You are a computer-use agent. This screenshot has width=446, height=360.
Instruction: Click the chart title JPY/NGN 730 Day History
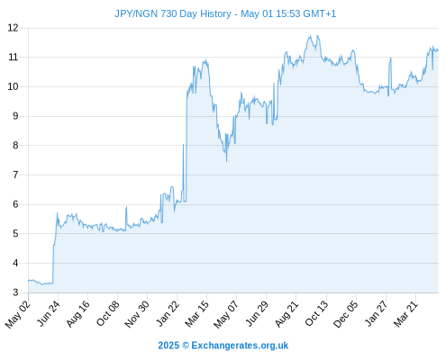click(x=173, y=14)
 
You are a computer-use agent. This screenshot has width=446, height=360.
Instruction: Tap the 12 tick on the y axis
click(x=13, y=28)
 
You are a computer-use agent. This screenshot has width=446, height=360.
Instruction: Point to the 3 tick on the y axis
click(x=15, y=292)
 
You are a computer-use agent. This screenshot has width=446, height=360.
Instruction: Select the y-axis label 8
click(x=15, y=146)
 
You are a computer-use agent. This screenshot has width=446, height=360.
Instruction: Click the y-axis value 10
click(x=13, y=86)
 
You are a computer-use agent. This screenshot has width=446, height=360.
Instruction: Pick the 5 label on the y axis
click(x=15, y=234)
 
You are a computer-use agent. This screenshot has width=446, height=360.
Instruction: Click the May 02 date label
click(x=17, y=314)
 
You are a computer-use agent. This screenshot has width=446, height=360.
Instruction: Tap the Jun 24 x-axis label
click(x=48, y=313)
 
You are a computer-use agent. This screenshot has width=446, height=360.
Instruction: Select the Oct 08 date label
click(x=107, y=313)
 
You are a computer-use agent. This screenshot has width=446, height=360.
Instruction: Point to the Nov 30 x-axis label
click(x=137, y=314)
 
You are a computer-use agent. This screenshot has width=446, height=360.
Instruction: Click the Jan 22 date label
click(x=168, y=313)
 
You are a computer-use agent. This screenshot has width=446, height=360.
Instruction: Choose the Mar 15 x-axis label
click(x=196, y=314)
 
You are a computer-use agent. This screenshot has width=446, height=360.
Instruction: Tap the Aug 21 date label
click(x=287, y=314)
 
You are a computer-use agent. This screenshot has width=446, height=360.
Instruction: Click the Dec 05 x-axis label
click(x=346, y=314)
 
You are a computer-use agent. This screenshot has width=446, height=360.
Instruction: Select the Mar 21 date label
click(x=405, y=314)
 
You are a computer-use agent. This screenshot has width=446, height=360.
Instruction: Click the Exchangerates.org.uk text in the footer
click(x=240, y=346)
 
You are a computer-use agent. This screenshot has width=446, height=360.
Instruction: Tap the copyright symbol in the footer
click(x=186, y=346)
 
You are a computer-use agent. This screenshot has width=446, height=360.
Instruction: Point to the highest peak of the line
click(x=310, y=35)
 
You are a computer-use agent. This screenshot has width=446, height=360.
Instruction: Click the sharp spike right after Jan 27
click(x=390, y=58)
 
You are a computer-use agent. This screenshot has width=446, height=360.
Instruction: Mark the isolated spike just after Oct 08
click(x=126, y=207)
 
